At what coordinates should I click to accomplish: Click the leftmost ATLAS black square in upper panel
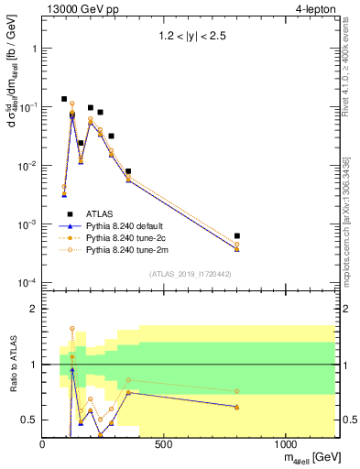64,99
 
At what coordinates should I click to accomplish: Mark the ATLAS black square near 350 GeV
128,171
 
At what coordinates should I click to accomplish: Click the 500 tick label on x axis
164,444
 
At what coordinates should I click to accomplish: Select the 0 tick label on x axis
43,444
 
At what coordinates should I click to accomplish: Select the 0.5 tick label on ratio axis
28,420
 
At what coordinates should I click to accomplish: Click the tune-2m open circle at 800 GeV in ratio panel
237,391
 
